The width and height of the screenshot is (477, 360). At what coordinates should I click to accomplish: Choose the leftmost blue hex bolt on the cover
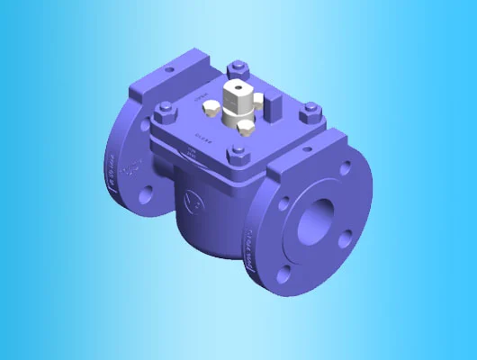coord(163,113)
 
